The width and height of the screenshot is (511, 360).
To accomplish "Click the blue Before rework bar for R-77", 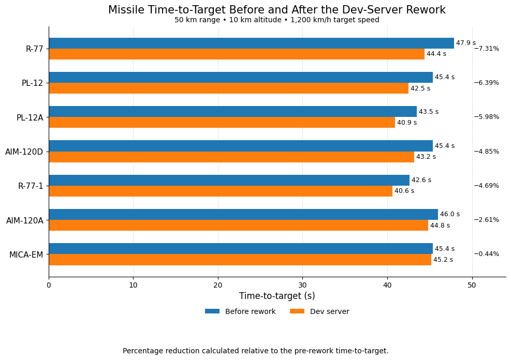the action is tap(251, 43).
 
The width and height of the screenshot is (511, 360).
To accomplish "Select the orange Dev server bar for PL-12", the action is tap(228, 88).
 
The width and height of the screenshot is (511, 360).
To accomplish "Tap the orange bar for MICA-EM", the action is tap(240, 260).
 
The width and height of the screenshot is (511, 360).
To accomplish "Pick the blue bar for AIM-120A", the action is tap(243, 215).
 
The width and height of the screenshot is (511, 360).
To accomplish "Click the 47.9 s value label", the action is tap(466, 43).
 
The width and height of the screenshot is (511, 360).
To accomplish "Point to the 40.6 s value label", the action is tap(404, 191).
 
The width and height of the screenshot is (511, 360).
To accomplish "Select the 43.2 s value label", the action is tap(426, 157).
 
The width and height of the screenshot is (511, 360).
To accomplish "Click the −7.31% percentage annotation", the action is tap(486, 49).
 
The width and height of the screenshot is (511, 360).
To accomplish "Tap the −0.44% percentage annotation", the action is tap(486, 254).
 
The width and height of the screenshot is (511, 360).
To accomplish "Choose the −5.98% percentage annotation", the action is tap(486, 117).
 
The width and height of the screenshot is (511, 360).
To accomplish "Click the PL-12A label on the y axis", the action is tap(30, 117).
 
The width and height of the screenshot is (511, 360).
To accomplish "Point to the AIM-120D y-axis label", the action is tap(24, 152).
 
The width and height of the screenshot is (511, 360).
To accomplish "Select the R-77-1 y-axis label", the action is tap(31, 186).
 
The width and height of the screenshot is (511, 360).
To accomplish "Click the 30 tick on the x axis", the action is tap(302, 286).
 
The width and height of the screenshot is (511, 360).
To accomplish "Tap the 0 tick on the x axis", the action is tap(49, 286).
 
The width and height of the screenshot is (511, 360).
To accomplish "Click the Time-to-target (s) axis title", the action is tap(277, 296).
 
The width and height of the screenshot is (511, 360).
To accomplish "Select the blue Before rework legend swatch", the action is tap(212, 311).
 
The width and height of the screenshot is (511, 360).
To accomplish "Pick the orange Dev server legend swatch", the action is tap(297, 311).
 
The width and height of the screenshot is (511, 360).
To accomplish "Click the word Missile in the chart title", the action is tap(126, 10).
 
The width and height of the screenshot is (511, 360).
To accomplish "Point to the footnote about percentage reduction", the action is tap(256, 351).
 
